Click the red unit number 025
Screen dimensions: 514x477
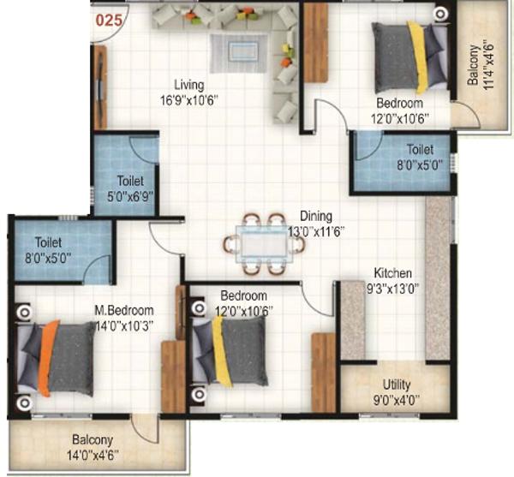coord(109,21)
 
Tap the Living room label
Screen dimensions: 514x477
coord(189,85)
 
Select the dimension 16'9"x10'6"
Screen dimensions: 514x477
coord(189,100)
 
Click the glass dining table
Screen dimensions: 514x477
coord(264,244)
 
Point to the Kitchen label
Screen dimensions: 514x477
coord(392,272)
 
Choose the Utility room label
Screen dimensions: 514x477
coord(397,385)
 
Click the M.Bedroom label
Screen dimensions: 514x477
coord(124,310)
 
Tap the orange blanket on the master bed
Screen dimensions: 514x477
coord(47,358)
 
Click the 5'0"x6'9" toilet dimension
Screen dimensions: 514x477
coord(130,197)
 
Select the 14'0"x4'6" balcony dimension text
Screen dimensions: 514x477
coord(93,456)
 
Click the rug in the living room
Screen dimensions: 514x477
coord(238,53)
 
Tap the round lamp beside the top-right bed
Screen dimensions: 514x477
coord(440,15)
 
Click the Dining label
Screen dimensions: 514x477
coord(316,216)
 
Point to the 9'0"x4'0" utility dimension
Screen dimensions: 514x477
coord(397,400)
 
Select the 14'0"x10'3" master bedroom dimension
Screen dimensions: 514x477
coord(124,326)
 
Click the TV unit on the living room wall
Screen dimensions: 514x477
coord(100,86)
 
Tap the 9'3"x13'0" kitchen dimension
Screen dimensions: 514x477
coord(392,289)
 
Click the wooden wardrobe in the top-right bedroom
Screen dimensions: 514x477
coord(316,43)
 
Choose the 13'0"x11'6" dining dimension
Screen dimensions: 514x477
coord(316,232)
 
